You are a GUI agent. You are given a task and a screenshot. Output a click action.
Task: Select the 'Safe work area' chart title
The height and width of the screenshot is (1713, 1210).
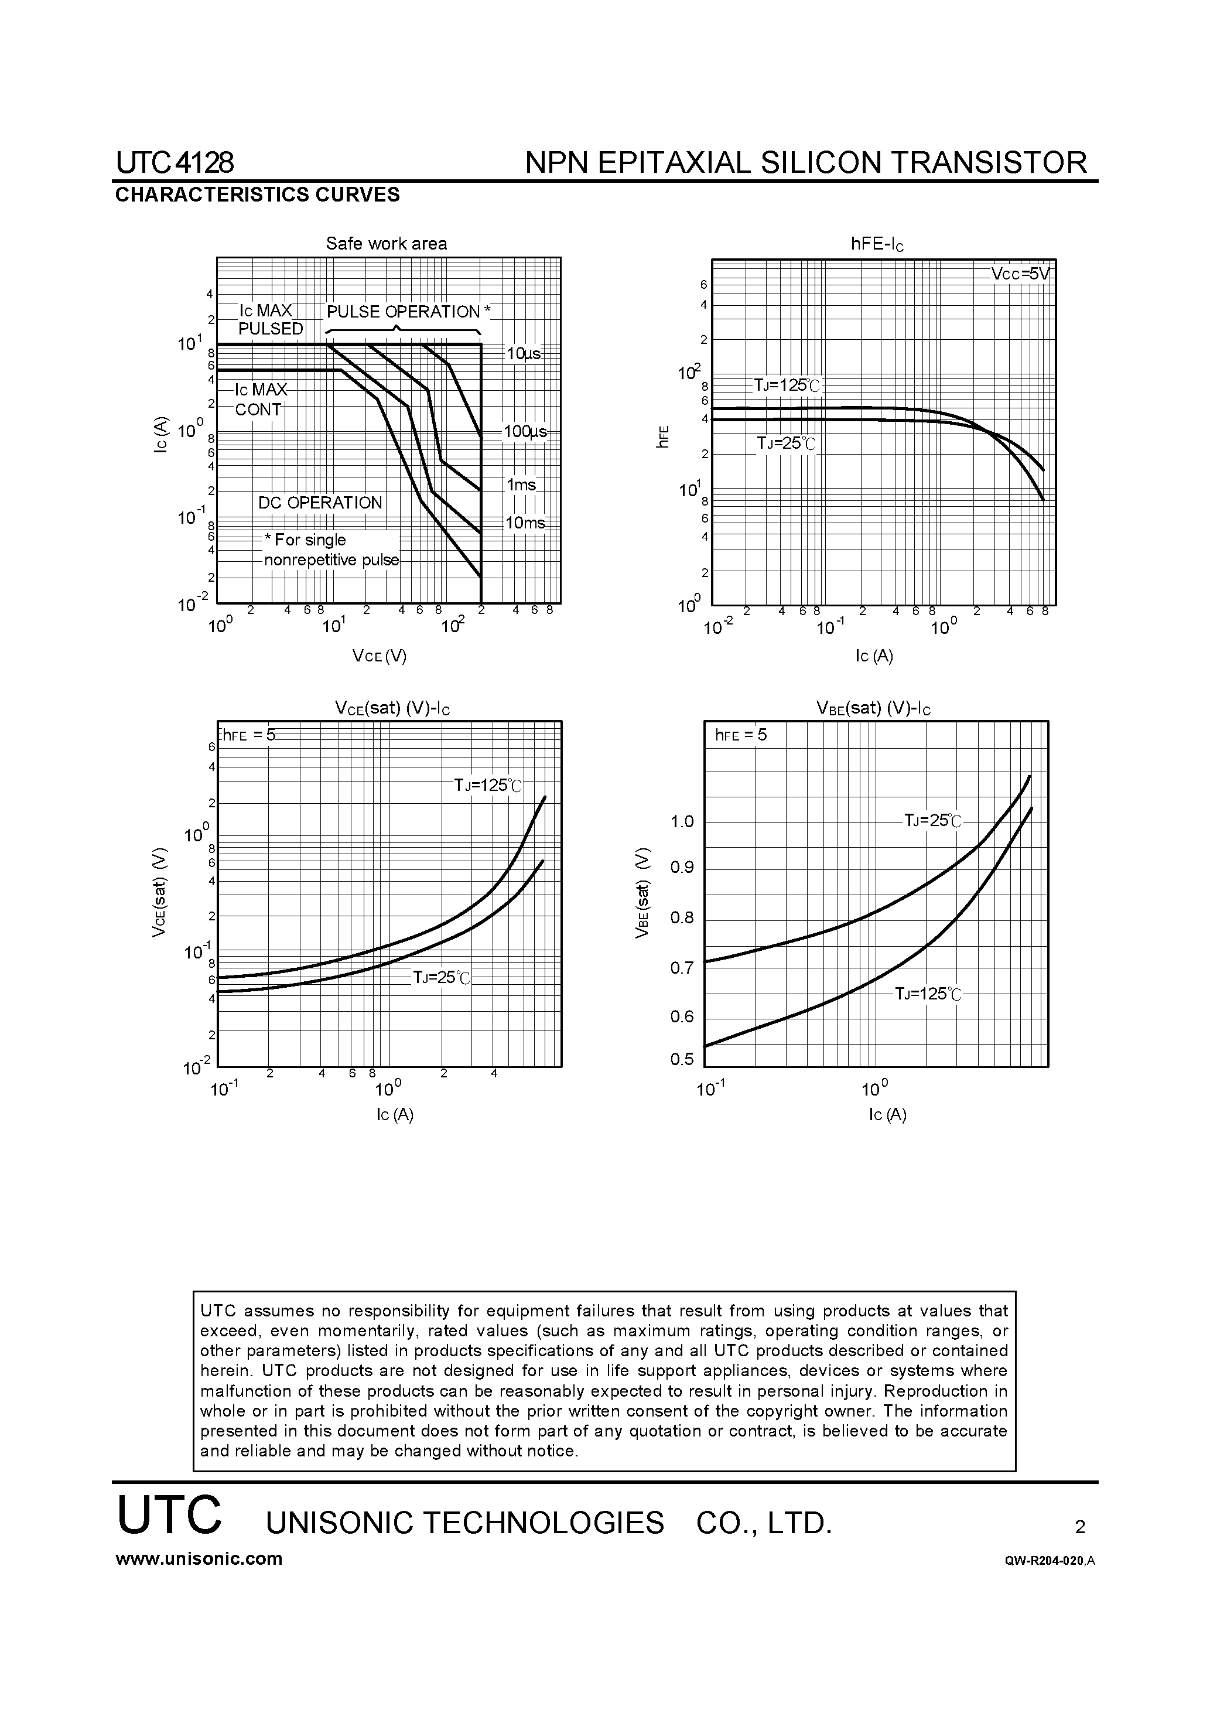point(387,243)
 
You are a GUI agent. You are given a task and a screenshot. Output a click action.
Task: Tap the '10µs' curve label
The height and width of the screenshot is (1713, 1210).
point(524,354)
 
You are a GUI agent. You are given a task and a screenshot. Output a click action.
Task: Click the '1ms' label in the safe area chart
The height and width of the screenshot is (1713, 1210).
point(521,485)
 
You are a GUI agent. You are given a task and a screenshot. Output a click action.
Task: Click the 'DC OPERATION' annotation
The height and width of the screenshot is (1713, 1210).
point(320,503)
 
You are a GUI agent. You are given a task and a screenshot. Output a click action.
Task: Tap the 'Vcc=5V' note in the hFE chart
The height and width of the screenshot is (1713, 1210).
point(1020,274)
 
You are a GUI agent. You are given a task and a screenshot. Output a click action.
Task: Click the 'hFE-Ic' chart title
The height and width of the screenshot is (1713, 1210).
point(877,244)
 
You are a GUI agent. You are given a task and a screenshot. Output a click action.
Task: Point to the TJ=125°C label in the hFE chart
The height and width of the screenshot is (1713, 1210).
point(787,385)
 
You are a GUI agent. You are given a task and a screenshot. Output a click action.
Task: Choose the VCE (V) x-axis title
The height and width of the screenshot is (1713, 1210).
point(380,656)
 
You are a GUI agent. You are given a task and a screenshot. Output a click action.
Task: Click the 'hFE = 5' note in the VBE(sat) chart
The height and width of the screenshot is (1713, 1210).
point(741,735)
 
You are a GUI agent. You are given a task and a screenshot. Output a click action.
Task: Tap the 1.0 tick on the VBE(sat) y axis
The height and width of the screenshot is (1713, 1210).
point(682,822)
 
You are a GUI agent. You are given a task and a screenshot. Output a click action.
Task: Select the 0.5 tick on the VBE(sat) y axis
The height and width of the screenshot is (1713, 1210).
point(682,1059)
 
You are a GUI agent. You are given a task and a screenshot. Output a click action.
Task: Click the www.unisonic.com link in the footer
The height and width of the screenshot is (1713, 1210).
point(199,1558)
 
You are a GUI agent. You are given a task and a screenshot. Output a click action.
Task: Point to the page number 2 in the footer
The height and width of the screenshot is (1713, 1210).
point(1079,1527)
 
